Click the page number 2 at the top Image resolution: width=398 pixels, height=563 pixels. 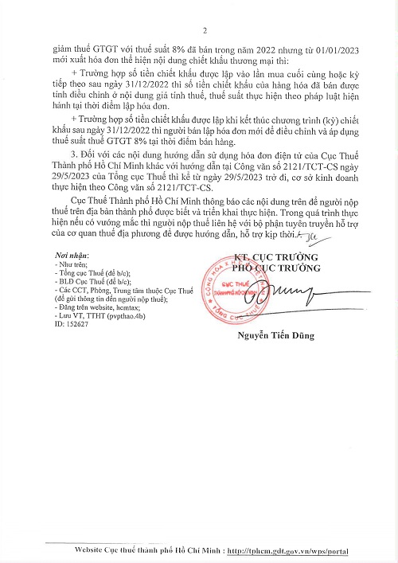click(205, 31)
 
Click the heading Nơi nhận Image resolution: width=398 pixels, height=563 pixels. click(68, 255)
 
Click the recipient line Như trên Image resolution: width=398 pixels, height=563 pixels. click(72, 264)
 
